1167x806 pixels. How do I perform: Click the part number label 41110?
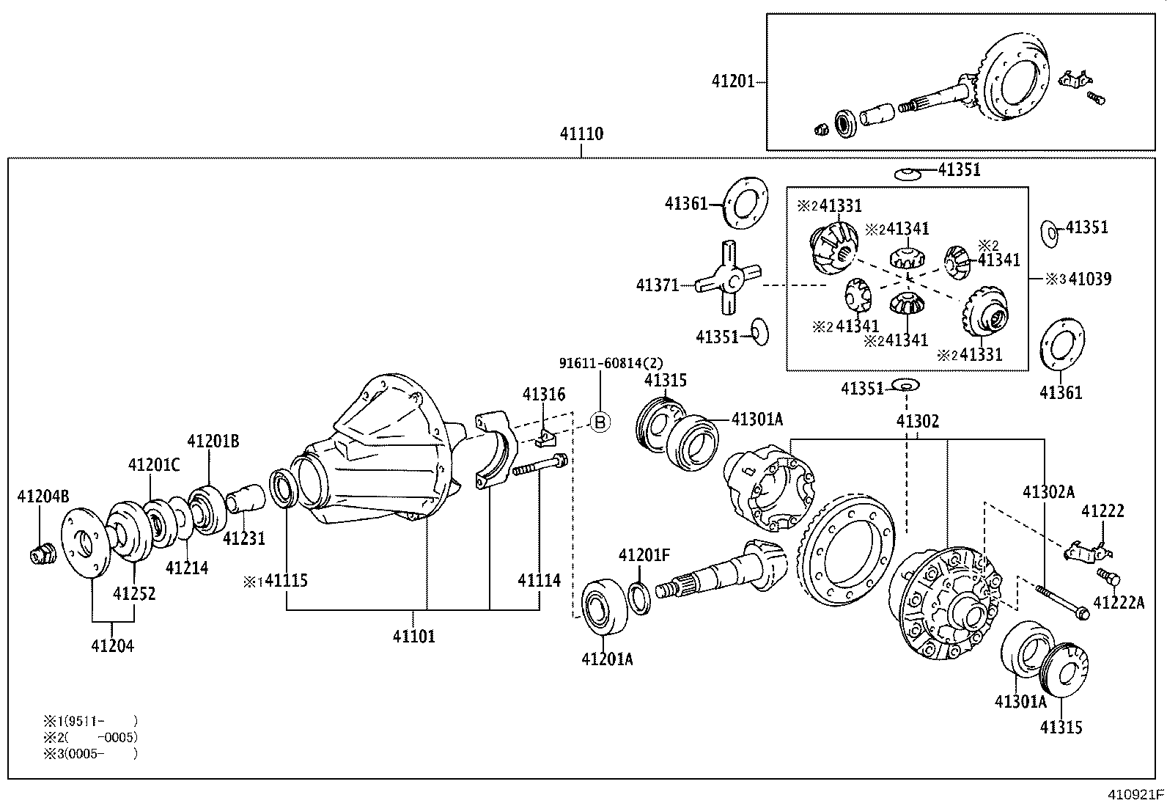pos(581,134)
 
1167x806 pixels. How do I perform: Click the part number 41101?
pos(413,636)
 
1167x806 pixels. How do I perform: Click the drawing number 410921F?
pos(1135,794)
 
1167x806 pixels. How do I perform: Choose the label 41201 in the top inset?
pos(732,81)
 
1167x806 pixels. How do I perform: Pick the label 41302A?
pos(1048,491)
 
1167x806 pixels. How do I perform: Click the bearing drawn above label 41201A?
pos(605,606)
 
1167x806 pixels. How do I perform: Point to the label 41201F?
pos(644,555)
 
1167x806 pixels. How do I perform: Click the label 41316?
pos(543,395)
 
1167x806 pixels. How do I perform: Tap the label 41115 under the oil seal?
pos(286,581)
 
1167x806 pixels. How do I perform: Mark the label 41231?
pos(244,538)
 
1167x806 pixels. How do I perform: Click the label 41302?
pos(917,421)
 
